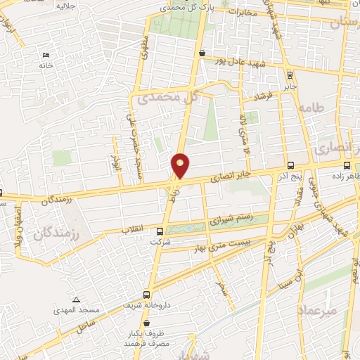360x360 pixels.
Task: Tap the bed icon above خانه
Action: [x=46, y=55]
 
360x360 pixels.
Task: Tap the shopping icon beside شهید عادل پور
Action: [x=202, y=52]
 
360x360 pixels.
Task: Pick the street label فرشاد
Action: [x=262, y=96]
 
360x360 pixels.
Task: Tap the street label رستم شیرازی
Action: [x=229, y=219]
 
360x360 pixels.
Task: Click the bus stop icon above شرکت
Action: [x=160, y=231]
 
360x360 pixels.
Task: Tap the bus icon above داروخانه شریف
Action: [x=146, y=295]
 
